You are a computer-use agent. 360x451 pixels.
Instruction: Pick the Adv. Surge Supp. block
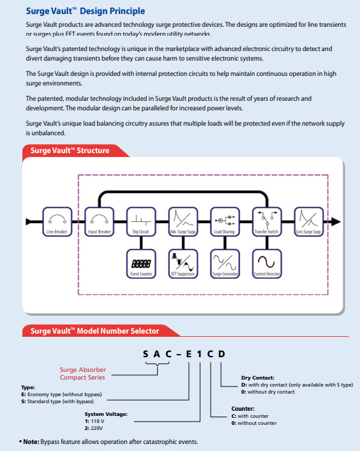[181, 221]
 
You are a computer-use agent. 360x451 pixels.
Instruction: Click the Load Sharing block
[223, 221]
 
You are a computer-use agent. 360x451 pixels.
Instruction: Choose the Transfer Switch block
[265, 221]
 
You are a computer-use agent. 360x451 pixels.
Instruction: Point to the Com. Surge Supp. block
[307, 221]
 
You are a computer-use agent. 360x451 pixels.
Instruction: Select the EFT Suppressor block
[181, 263]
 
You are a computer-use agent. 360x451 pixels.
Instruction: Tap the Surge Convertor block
[223, 263]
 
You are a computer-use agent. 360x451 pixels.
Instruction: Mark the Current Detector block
[265, 263]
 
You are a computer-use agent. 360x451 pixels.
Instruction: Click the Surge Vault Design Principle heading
[85, 11]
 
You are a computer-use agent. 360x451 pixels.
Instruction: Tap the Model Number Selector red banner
[94, 331]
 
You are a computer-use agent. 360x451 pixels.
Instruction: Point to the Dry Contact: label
[258, 378]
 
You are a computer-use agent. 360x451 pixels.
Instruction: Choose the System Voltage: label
[105, 414]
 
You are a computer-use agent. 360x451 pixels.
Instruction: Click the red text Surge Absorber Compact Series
[83, 374]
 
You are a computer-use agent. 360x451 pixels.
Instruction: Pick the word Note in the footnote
[30, 442]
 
